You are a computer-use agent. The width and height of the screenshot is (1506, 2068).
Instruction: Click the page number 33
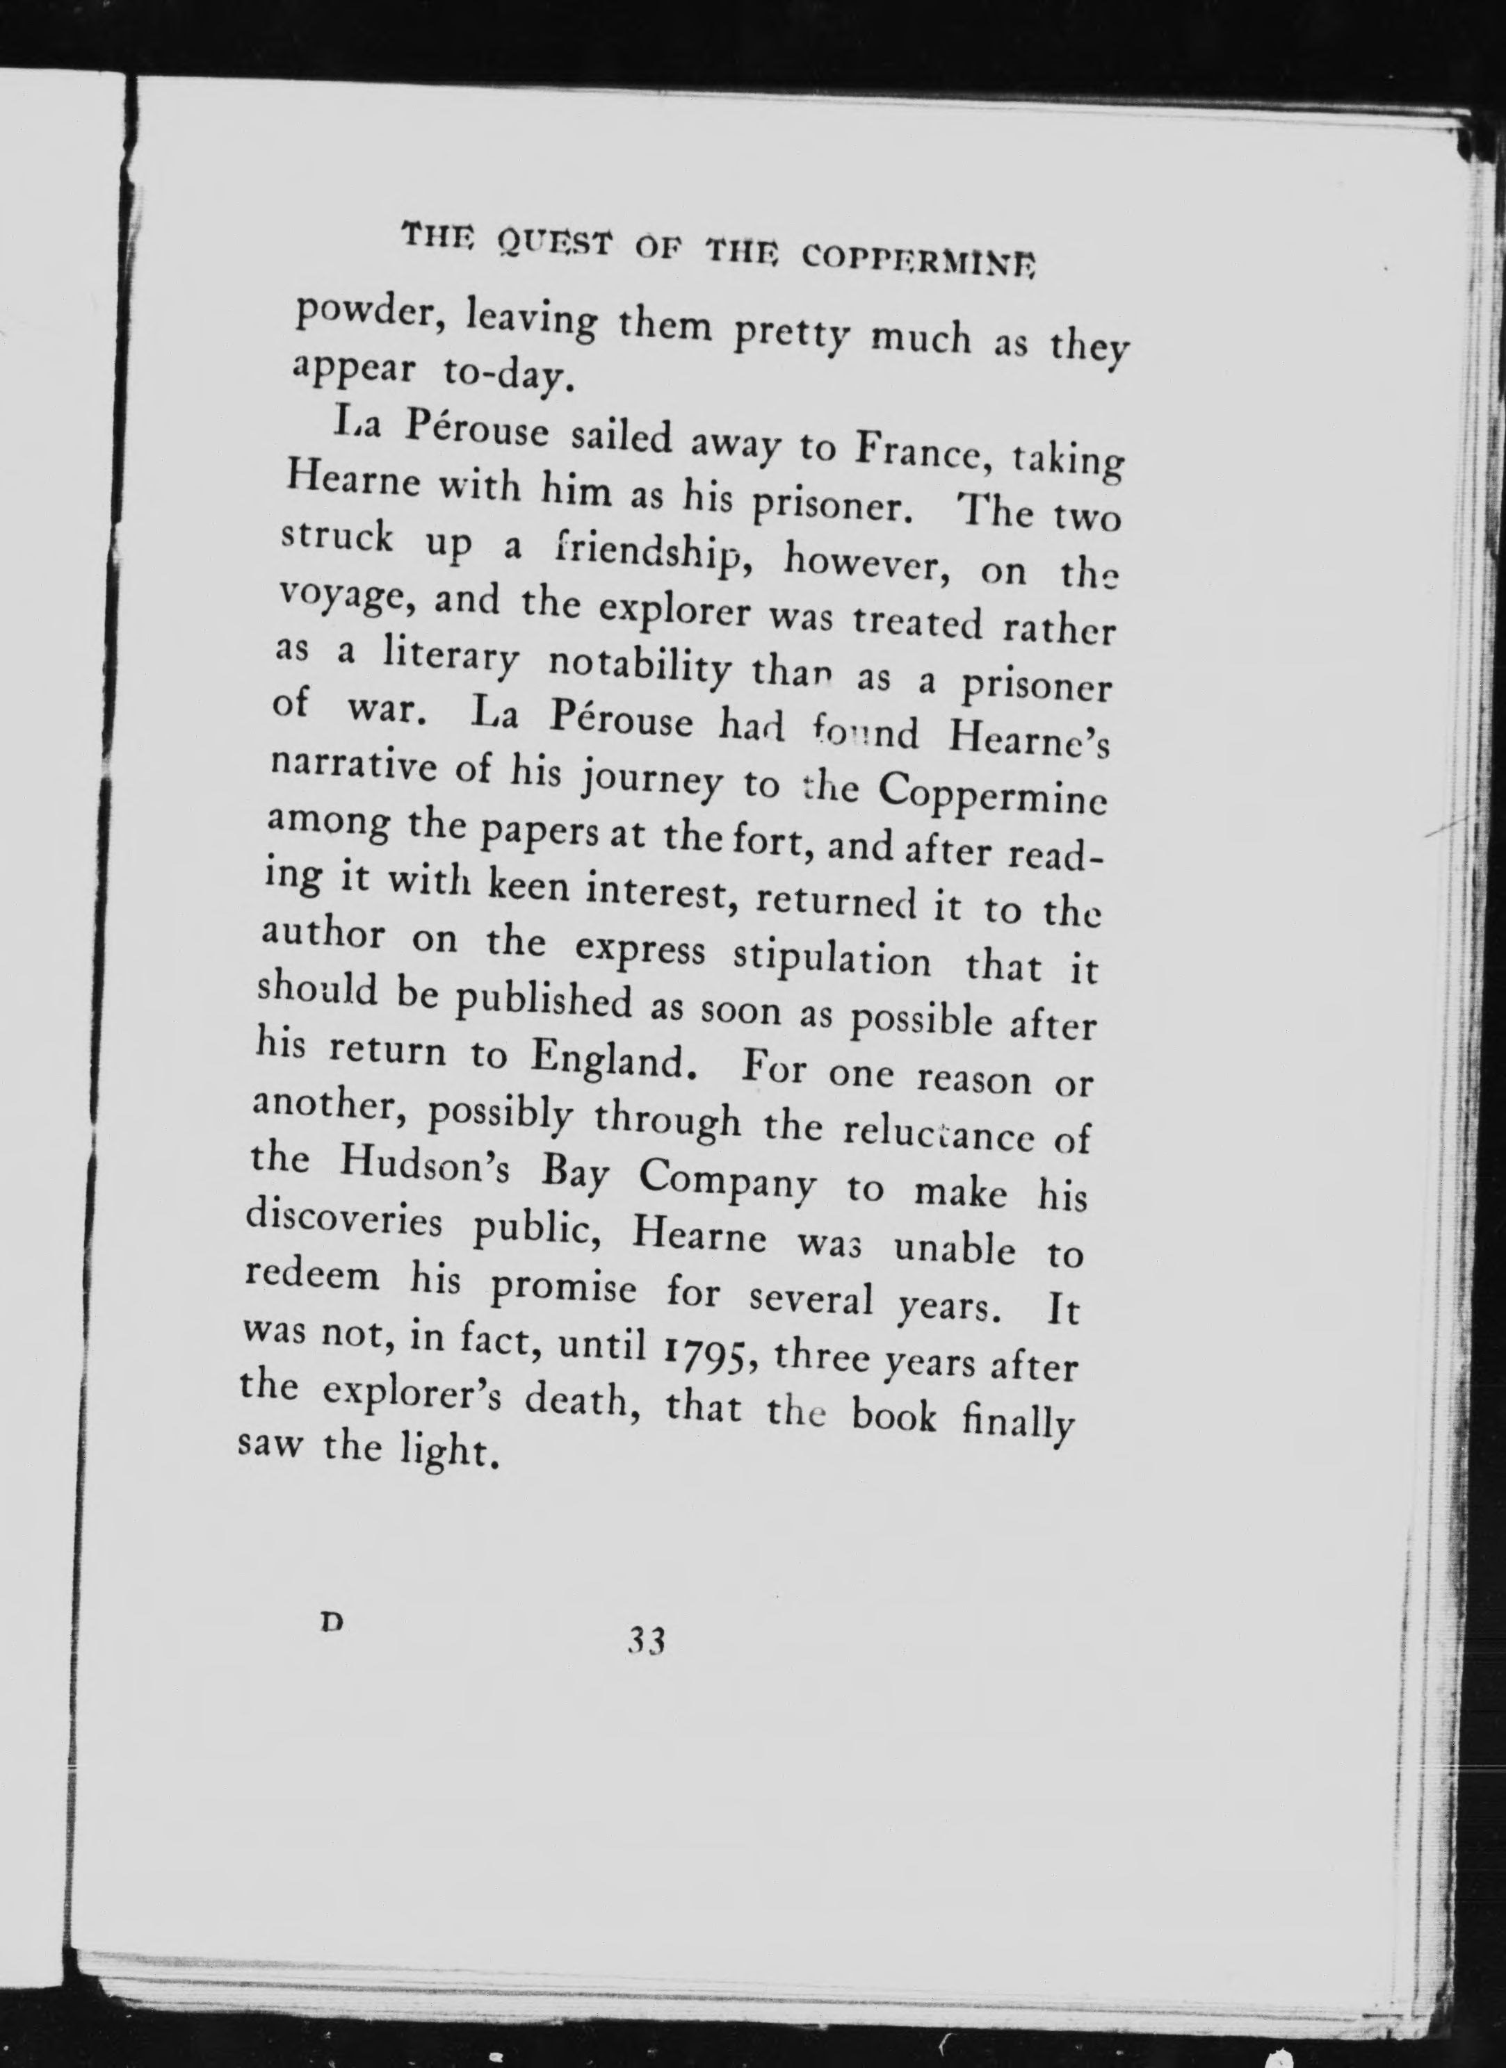646,1641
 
